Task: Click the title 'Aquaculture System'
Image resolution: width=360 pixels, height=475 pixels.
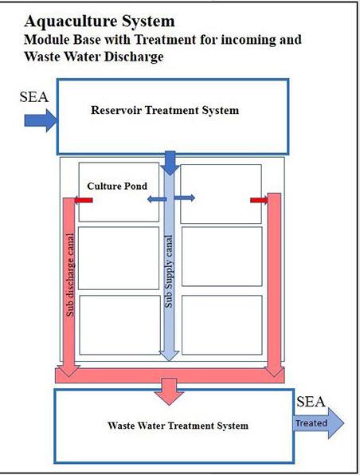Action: coord(100,22)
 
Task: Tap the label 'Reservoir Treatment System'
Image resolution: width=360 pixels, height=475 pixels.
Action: coord(165,110)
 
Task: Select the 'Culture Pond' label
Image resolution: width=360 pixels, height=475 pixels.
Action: coord(117,186)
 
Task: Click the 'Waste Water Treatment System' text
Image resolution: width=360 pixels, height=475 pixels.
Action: coord(178,426)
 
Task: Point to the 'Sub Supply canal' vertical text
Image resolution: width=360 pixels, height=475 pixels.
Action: coord(169,272)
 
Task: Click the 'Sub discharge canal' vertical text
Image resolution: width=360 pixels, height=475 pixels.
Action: coord(70,275)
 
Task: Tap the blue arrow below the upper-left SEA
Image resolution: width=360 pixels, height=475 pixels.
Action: coord(41,120)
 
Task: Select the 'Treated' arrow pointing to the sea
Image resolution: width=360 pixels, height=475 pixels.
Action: coord(319,423)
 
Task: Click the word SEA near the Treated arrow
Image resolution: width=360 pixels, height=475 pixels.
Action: coord(311,402)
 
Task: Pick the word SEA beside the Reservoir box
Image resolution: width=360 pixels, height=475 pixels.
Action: coord(34,97)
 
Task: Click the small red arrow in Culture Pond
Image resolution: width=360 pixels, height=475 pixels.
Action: coord(84,200)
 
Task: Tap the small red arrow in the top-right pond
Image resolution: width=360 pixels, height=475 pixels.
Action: coord(259,200)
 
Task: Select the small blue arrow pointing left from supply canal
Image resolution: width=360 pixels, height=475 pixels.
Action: coord(157,199)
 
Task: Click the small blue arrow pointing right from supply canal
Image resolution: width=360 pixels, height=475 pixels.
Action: coord(185,198)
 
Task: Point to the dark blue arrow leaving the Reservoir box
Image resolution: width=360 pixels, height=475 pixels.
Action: coord(170,163)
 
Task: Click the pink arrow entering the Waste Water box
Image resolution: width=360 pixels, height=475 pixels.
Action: coord(170,391)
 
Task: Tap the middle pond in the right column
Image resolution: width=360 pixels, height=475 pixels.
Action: coord(222,257)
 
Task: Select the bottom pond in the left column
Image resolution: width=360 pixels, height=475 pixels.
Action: coord(120,324)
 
